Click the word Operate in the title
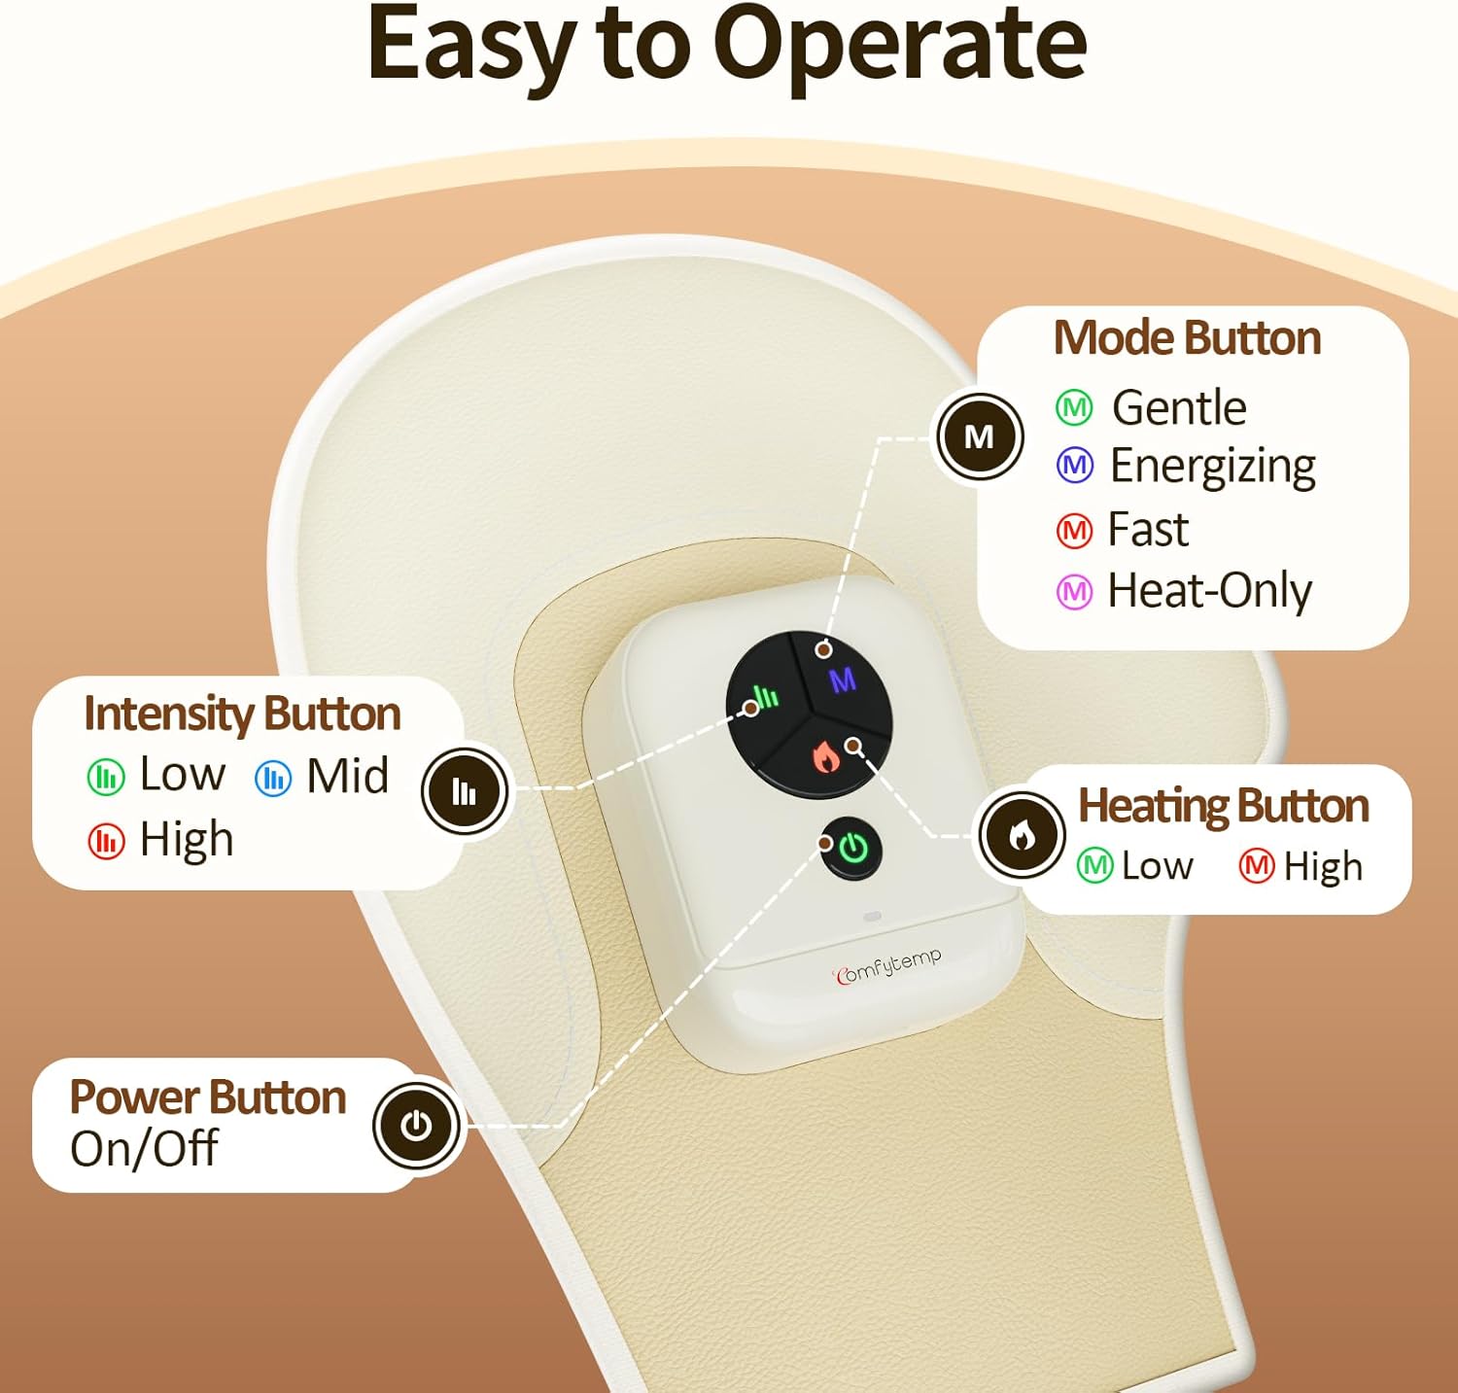900,46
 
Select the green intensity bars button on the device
765,696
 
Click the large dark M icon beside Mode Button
980,436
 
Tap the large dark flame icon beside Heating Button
1022,835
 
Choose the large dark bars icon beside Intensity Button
465,791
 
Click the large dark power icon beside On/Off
417,1126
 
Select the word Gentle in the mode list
1178,407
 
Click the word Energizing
1212,466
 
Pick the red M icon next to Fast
1074,531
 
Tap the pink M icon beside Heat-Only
1074,591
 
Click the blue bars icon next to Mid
273,778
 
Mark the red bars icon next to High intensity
106,841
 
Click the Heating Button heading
1223,806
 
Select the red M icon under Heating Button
1256,865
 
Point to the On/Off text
144,1149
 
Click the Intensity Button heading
242,714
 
